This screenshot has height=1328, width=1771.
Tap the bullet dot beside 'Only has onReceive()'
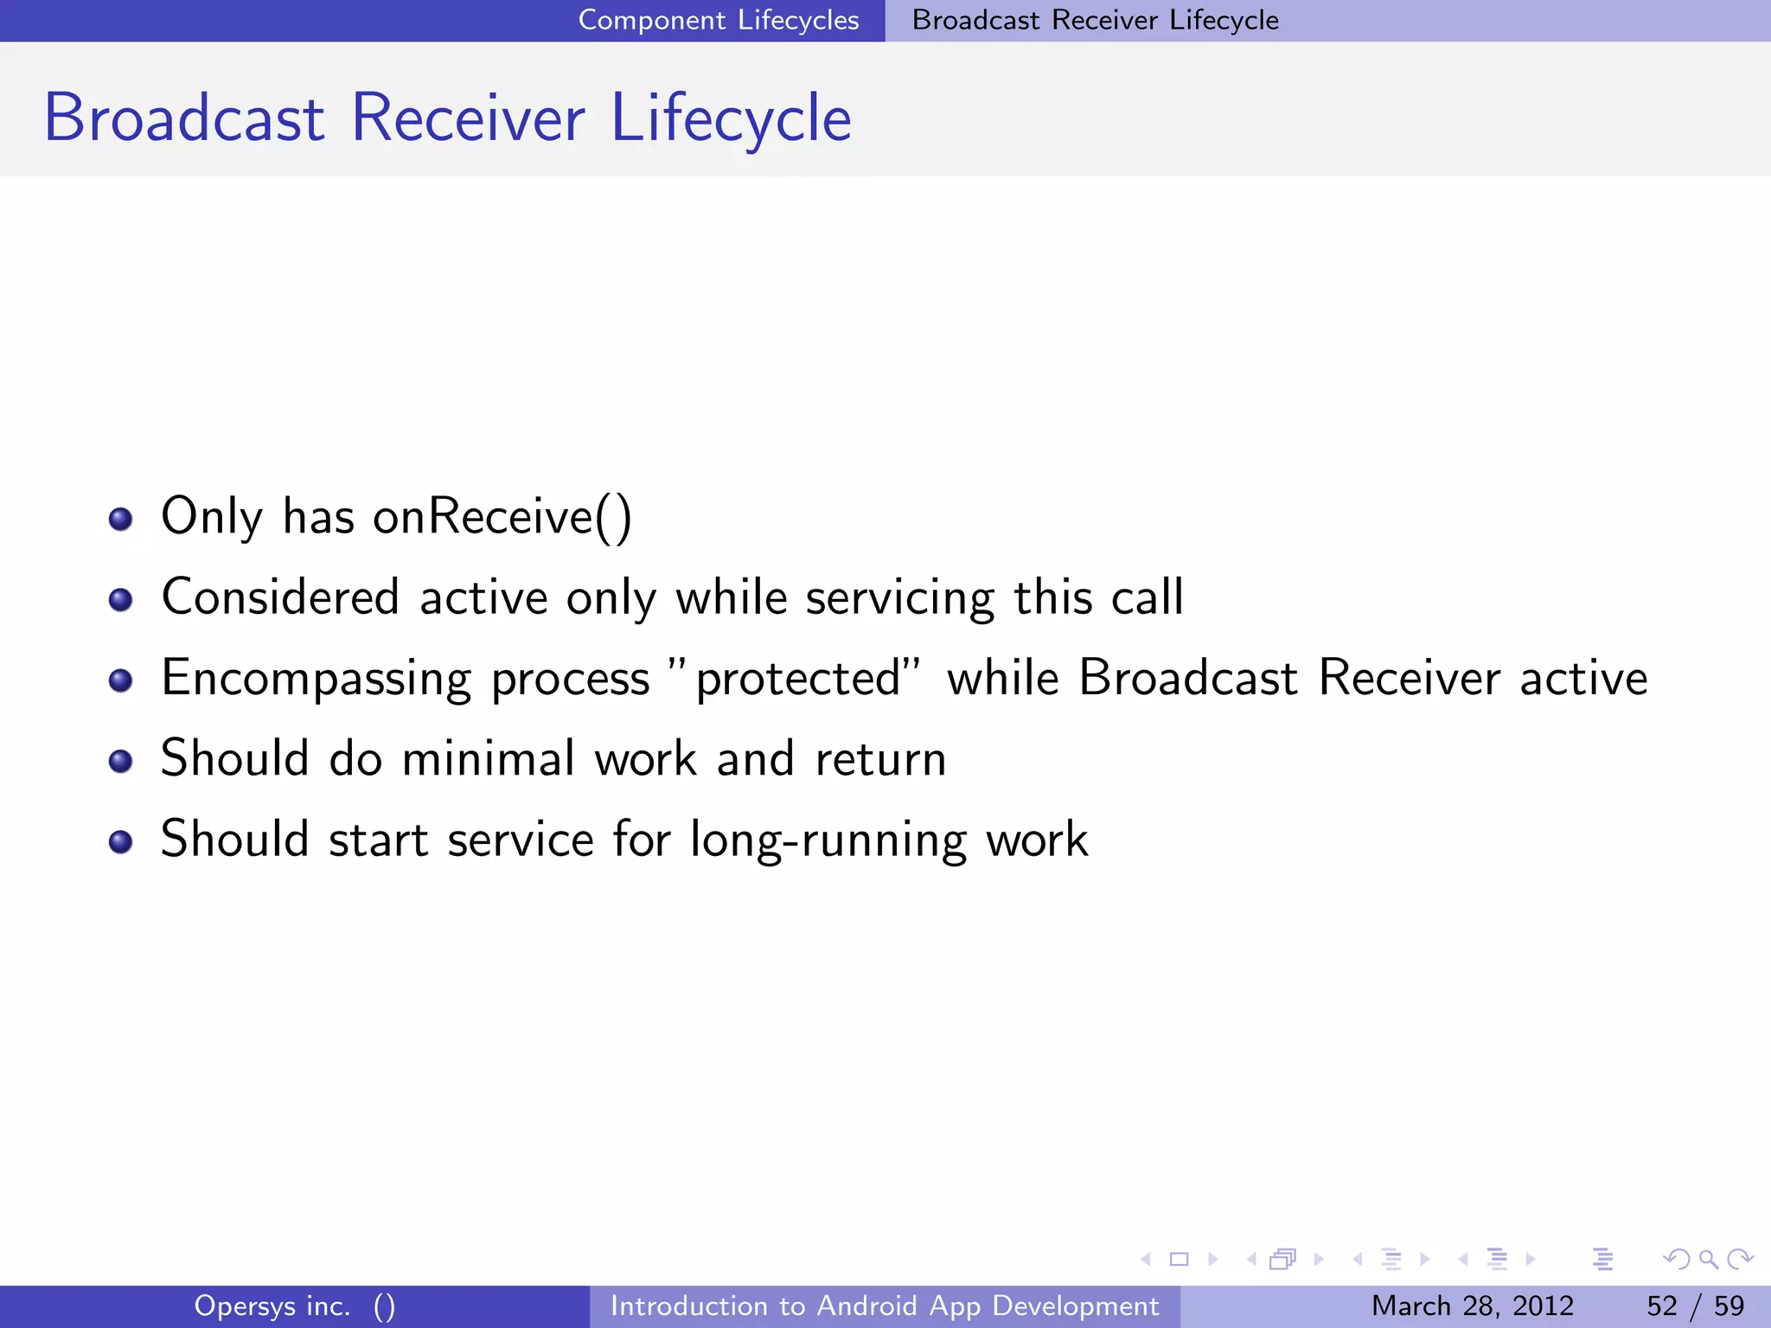pos(120,519)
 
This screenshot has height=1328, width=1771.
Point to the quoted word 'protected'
pos(797,679)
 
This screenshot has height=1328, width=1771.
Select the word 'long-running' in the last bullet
pos(828,840)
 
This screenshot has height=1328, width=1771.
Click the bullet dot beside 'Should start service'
pos(120,841)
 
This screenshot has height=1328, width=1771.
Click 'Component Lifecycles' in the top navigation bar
pos(718,20)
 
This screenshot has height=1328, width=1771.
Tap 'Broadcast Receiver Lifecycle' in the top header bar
pos(1095,20)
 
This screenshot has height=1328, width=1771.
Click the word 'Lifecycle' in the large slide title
pos(731,118)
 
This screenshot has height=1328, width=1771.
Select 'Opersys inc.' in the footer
pos(272,1306)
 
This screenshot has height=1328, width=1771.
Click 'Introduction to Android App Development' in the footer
pos(884,1306)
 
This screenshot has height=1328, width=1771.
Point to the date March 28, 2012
pos(1472,1306)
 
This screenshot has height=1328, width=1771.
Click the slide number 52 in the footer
pos(1661,1306)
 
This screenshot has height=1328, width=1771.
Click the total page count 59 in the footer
pos(1729,1306)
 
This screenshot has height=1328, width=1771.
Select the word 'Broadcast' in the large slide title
pos(184,118)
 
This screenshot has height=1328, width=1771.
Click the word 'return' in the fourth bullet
pos(880,759)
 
